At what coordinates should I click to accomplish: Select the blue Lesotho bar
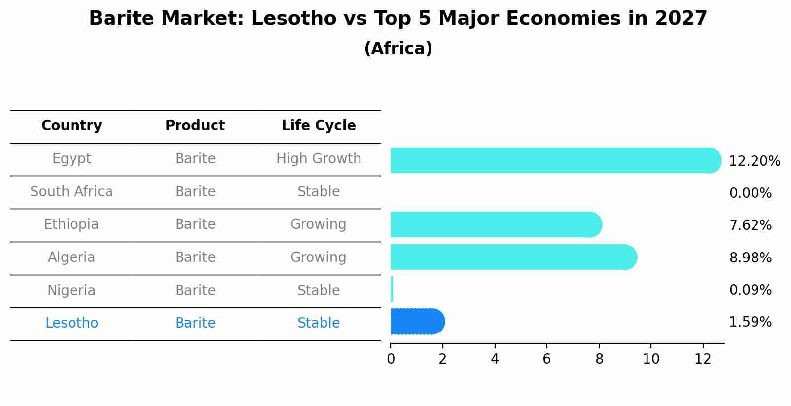point(417,322)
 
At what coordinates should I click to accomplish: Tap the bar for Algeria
point(513,257)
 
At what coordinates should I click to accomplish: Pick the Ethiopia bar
point(496,224)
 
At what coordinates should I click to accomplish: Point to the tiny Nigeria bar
point(392,289)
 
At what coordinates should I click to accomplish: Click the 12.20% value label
point(755,161)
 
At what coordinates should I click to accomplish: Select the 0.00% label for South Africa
point(750,193)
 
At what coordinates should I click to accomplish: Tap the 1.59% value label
point(750,322)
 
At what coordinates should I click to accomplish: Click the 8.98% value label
point(750,258)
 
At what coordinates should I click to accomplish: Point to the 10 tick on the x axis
point(651,359)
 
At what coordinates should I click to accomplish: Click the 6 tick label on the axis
point(546,359)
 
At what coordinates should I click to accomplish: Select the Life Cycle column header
point(319,126)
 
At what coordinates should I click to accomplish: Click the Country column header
point(72,126)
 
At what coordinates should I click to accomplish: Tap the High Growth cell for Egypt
point(319,159)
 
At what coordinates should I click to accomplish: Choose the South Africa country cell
point(72,192)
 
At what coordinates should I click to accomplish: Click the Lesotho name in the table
point(72,323)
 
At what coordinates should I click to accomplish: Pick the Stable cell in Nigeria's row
point(319,291)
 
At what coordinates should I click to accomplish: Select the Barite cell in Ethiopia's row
point(195,224)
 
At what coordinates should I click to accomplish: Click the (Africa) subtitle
point(398,49)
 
